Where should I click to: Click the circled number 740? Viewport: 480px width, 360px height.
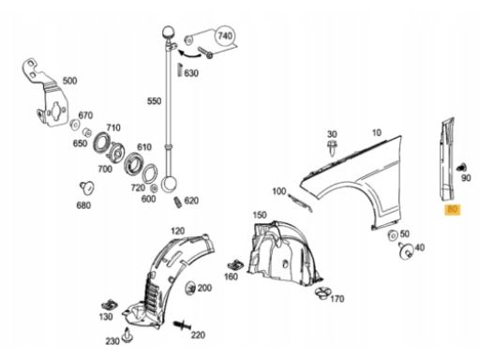pyautogui.click(x=225, y=37)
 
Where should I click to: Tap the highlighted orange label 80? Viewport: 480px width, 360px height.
pyautogui.click(x=452, y=209)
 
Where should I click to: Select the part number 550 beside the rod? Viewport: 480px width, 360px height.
pyautogui.click(x=154, y=101)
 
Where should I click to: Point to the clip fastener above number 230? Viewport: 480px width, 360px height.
pyautogui.click(x=128, y=335)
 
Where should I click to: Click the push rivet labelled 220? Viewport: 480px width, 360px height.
pyautogui.click(x=182, y=325)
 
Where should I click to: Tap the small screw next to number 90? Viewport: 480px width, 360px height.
pyautogui.click(x=461, y=167)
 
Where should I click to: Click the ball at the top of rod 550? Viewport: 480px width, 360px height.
pyautogui.click(x=168, y=33)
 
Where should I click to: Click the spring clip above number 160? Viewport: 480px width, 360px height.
pyautogui.click(x=236, y=265)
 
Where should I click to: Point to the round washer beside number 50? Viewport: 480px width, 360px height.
pyautogui.click(x=392, y=235)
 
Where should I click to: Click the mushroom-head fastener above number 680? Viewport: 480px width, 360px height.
pyautogui.click(x=87, y=187)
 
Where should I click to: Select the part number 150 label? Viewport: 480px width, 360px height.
pyautogui.click(x=260, y=215)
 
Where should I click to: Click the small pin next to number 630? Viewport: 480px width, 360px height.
pyautogui.click(x=180, y=69)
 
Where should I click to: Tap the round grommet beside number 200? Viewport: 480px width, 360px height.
pyautogui.click(x=190, y=288)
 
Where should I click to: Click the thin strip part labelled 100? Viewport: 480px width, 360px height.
pyautogui.click(x=300, y=202)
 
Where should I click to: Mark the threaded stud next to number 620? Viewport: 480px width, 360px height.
pyautogui.click(x=177, y=202)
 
